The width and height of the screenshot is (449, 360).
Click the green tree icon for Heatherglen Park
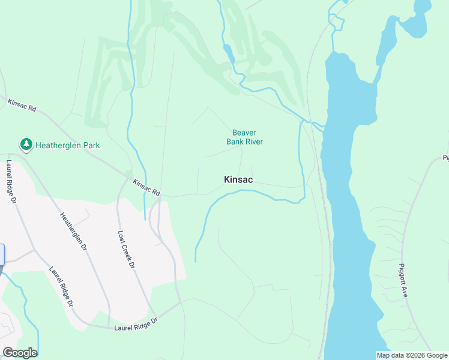(26, 145)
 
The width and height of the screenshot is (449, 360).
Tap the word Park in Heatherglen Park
(88, 145)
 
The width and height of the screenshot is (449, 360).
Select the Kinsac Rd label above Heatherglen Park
(23, 106)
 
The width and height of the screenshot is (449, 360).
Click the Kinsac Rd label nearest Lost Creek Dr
(147, 188)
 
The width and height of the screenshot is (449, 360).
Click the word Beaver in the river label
(244, 133)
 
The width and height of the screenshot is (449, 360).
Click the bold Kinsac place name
(238, 179)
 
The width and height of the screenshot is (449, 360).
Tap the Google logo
(20, 353)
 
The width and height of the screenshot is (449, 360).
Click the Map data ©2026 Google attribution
(412, 355)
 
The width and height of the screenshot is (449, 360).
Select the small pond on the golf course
(228, 53)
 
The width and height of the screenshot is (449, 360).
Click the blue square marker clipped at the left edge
(2, 254)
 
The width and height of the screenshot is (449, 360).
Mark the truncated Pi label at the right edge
(445, 158)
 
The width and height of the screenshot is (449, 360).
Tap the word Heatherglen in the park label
(59, 145)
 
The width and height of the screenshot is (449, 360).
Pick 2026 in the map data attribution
(415, 355)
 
